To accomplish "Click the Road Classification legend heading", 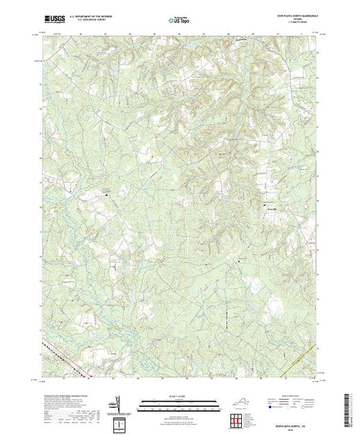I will pos(294,395).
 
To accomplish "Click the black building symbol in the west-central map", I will pos(106,195).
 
